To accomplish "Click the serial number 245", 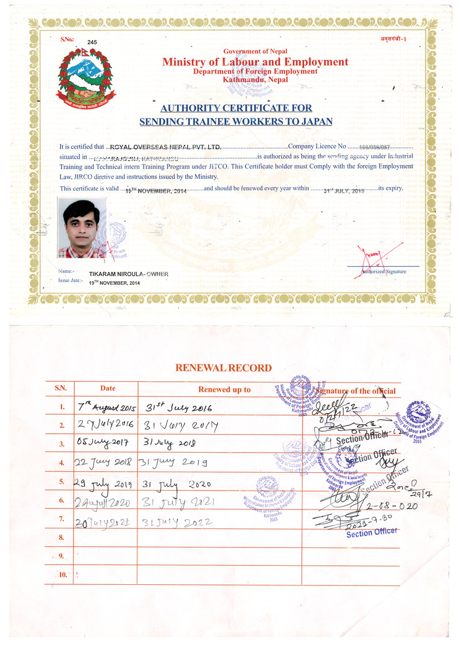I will (93, 43).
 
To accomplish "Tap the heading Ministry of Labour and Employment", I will (255, 62).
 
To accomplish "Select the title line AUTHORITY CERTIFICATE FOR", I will (236, 108).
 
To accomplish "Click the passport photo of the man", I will (82, 228).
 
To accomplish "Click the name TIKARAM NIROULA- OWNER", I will (129, 274).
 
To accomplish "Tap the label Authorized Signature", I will (384, 271).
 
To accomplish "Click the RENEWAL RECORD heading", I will (223, 368).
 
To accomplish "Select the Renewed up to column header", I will (224, 389).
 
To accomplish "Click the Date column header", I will (108, 388).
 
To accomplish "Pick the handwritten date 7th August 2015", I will (106, 408).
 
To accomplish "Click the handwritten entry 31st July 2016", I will (178, 408).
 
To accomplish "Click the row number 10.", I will (62, 575).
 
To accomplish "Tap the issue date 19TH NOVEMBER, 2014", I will (114, 283).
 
